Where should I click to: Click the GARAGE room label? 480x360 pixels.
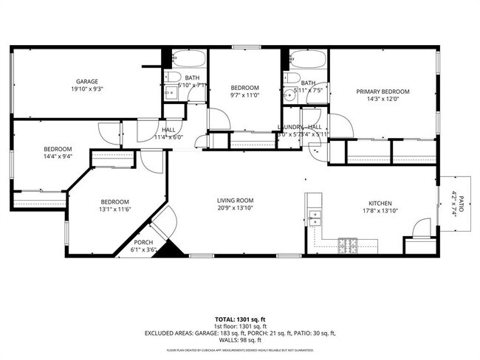[x=87, y=81]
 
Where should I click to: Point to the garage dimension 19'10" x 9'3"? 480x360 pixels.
[x=87, y=89]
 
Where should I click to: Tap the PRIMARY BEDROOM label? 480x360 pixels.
[x=383, y=91]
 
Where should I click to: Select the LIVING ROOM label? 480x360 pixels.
[x=235, y=200]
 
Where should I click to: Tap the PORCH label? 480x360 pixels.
[x=143, y=243]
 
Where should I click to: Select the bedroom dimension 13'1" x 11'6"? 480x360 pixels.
[x=114, y=210]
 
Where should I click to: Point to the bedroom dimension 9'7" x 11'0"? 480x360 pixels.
[x=244, y=95]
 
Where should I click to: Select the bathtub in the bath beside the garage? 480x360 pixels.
[x=188, y=58]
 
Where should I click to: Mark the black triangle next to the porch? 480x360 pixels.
[x=173, y=249]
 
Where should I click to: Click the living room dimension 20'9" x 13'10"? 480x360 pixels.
[x=235, y=209]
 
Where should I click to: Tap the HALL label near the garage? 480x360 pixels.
[x=168, y=129]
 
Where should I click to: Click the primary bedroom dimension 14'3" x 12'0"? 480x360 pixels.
[x=383, y=100]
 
